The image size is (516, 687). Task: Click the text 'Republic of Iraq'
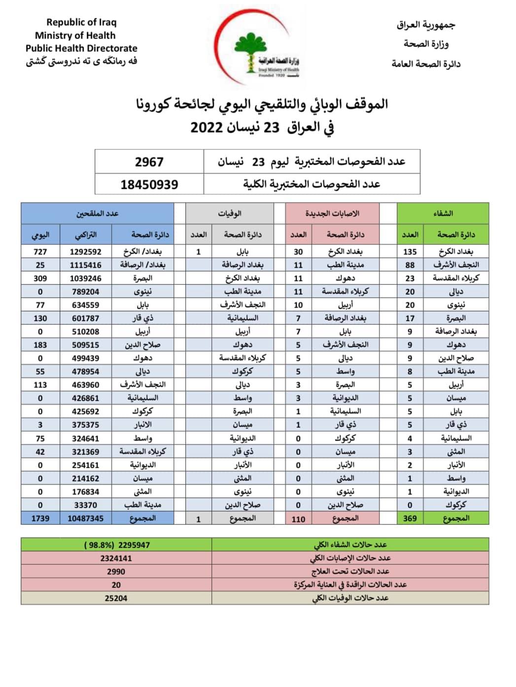81,22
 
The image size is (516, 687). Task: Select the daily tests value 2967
149,162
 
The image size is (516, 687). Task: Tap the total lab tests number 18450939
149,185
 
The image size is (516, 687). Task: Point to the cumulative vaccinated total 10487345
86,518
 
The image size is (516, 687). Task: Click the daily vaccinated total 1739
40,518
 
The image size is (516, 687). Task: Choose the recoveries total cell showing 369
410,518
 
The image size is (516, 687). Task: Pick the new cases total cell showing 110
298,519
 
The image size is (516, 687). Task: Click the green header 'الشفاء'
443,213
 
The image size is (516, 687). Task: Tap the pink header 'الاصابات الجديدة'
332,213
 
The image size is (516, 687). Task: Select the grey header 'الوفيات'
230,213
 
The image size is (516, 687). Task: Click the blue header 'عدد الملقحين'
97,213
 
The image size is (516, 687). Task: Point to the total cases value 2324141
116,558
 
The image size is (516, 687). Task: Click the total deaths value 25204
116,598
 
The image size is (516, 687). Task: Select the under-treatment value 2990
116,572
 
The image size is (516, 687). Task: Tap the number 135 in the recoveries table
410,251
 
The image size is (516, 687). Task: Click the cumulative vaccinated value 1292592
86,251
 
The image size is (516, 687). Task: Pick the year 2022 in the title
207,127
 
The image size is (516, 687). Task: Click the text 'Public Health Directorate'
81,48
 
